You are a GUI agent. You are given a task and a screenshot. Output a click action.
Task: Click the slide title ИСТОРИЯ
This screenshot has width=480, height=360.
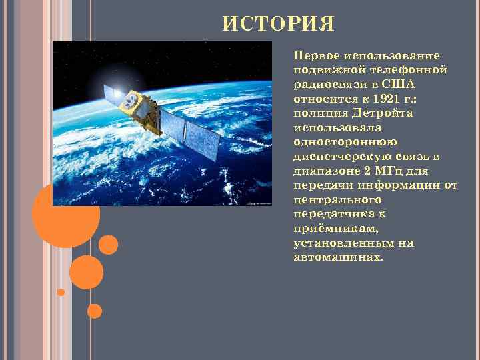click(x=278, y=25)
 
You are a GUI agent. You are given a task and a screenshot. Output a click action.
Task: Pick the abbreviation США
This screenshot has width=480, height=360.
click(x=399, y=85)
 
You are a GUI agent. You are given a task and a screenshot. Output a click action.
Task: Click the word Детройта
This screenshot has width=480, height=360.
click(x=384, y=113)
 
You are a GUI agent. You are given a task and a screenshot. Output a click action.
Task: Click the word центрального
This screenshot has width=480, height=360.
click(x=336, y=199)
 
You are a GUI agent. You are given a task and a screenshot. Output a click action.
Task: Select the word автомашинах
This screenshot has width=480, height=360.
click(x=338, y=256)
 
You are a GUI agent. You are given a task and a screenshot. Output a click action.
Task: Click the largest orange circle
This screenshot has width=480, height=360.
click(x=66, y=215)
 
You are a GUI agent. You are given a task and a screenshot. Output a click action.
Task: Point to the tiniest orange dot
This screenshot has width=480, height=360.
click(x=61, y=292)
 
